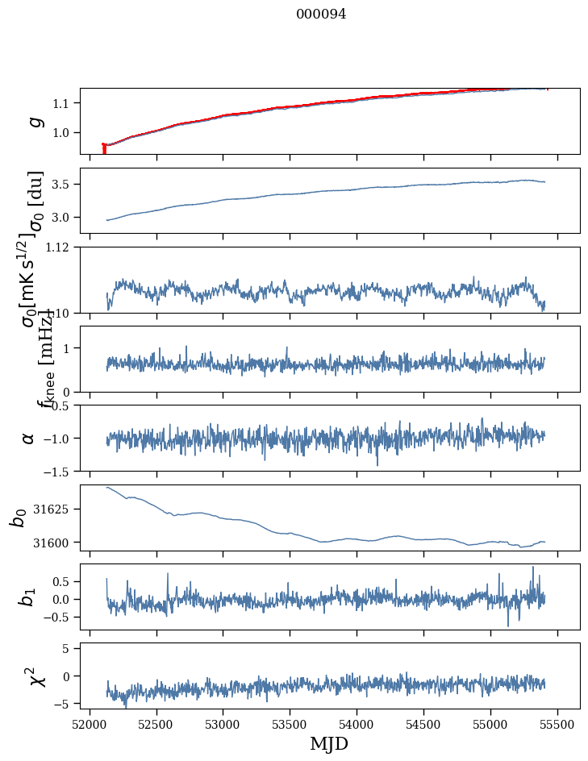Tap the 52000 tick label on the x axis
pyautogui.click(x=90, y=722)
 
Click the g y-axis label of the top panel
pyautogui.click(x=35, y=121)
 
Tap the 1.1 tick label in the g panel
pyautogui.click(x=63, y=103)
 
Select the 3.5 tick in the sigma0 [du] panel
pyautogui.click(x=63, y=185)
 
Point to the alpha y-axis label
pyautogui.click(x=29, y=438)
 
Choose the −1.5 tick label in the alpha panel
pyautogui.click(x=58, y=471)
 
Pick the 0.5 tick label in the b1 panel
pyautogui.click(x=63, y=581)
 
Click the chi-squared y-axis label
pyautogui.click(x=35, y=676)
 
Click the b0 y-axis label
pyautogui.click(x=18, y=517)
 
